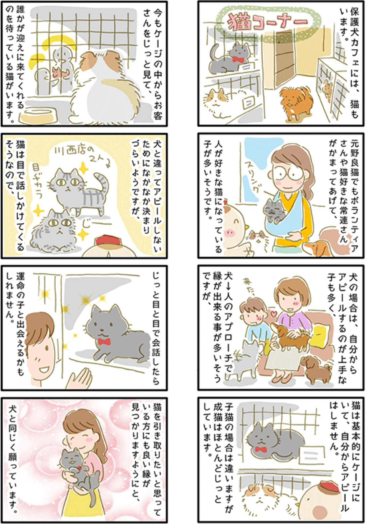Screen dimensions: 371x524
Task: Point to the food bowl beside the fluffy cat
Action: click(39, 115)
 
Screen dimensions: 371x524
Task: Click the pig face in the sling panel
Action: click(233, 225)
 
